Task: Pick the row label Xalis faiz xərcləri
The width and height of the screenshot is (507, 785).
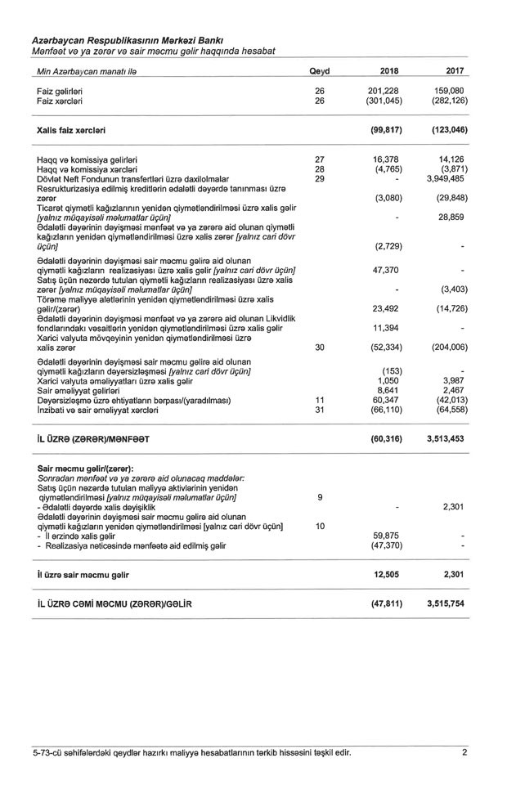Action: pos(71,130)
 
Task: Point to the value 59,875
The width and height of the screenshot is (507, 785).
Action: pos(390,536)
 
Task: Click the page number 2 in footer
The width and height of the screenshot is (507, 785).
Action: pos(464,752)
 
